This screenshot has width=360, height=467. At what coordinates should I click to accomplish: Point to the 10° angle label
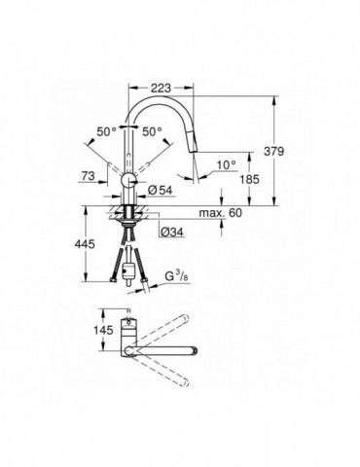point(226,165)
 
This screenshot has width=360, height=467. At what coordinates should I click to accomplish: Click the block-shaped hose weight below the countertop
point(129,264)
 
